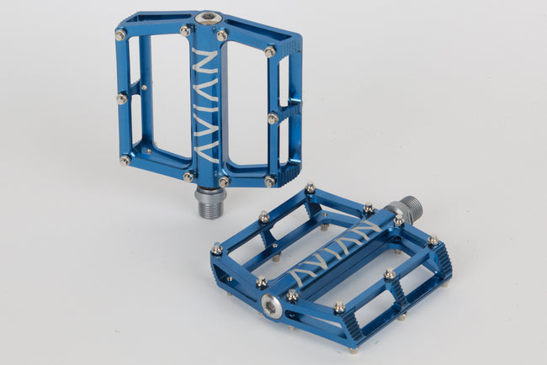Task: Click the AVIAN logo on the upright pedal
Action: click(204, 104)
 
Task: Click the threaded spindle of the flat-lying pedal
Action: click(409, 209)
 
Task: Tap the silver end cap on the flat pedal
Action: click(271, 307)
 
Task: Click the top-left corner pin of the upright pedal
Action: click(121, 34)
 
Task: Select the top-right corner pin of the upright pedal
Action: click(269, 51)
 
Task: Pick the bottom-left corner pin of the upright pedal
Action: click(125, 160)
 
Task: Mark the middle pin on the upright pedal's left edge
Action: click(122, 98)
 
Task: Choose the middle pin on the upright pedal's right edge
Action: click(273, 119)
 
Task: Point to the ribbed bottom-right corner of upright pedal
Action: click(285, 175)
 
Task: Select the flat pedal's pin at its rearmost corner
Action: click(310, 188)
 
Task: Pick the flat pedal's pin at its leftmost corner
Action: click(216, 249)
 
